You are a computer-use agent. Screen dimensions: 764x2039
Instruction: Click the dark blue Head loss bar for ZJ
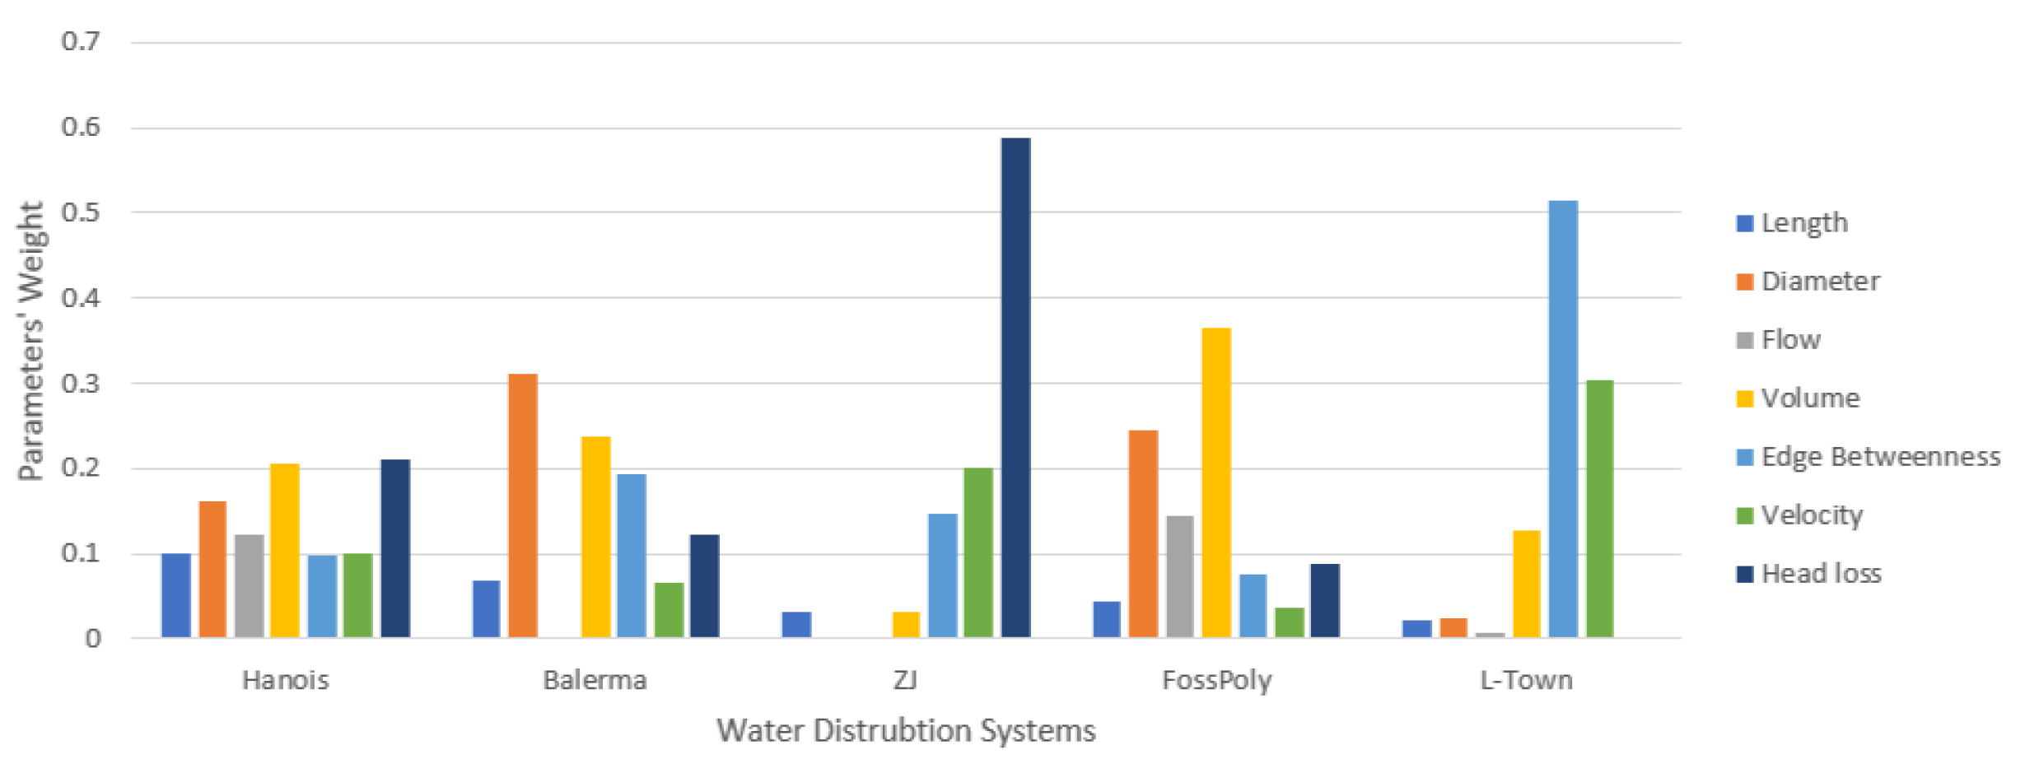click(1015, 387)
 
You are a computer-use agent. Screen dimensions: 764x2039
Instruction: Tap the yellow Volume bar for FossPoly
click(1216, 482)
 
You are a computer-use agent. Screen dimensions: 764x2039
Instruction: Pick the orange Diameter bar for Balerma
click(523, 505)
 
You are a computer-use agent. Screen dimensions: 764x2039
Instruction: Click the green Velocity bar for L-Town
click(1599, 509)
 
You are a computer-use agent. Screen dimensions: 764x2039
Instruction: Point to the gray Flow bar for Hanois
click(249, 586)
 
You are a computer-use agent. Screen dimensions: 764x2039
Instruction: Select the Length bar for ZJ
click(796, 625)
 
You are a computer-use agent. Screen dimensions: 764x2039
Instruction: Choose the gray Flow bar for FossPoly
click(1179, 576)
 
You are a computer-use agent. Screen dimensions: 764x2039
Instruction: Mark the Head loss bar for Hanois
click(395, 548)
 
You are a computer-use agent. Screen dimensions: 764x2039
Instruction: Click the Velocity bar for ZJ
click(978, 552)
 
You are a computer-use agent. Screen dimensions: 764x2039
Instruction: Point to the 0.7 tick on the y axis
click(81, 41)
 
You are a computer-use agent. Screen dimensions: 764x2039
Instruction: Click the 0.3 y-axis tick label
click(81, 384)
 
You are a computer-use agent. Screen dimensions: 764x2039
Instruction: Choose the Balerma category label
click(595, 681)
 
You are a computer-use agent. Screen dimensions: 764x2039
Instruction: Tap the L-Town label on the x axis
click(1526, 681)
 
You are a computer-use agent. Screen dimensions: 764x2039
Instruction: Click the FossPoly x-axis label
click(1216, 681)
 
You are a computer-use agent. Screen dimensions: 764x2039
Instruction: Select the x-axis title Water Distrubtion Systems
click(906, 731)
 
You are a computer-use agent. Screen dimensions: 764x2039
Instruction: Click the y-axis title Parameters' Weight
click(31, 341)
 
